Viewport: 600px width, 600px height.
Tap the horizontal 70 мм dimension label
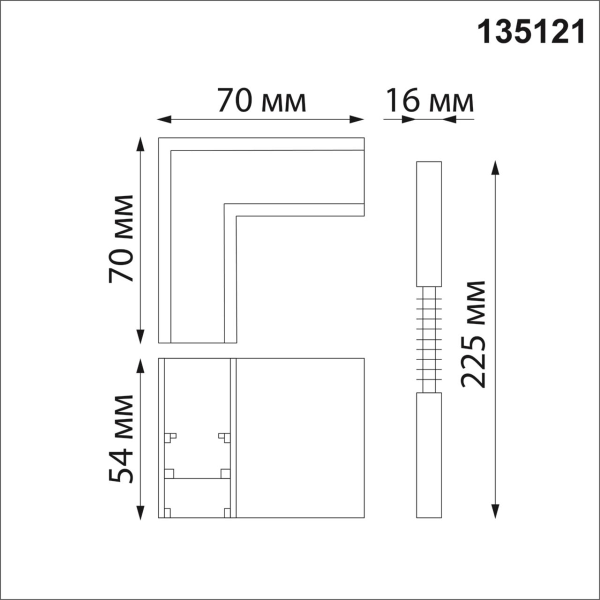tap(261, 101)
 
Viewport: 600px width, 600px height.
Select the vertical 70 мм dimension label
tap(121, 239)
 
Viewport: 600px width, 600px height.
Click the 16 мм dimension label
tap(429, 101)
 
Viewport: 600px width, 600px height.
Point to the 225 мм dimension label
tap(472, 334)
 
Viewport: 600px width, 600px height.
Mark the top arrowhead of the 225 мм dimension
tap(495, 167)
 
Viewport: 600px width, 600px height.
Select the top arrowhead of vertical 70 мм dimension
tap(141, 145)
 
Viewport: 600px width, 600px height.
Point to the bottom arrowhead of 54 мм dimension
tap(141, 511)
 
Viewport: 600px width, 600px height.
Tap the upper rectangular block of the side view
tap(429, 223)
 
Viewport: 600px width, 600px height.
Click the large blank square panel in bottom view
tap(299, 437)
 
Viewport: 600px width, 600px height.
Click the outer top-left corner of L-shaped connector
tap(159, 138)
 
